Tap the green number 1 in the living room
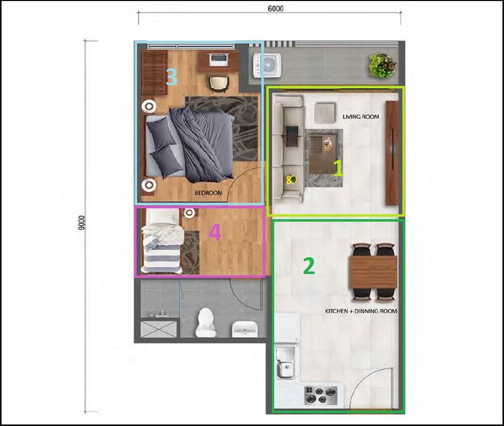coord(338,168)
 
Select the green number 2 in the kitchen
coord(308,266)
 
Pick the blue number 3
coord(171,77)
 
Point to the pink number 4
coord(215,233)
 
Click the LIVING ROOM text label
coord(361,117)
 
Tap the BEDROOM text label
coord(208,193)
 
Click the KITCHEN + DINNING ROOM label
coord(361,311)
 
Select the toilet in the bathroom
coord(206,322)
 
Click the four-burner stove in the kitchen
coord(321,394)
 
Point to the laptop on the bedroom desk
coord(218,59)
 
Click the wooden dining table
coord(373,272)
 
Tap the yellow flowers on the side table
coord(290,179)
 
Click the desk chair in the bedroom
coord(218,83)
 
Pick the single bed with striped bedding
coord(161,241)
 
